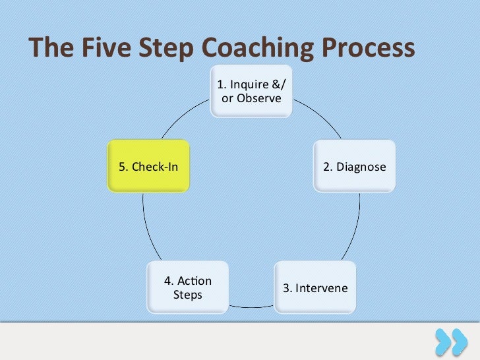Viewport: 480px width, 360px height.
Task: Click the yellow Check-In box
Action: tap(148, 166)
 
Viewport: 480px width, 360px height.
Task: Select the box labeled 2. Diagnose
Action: tap(354, 166)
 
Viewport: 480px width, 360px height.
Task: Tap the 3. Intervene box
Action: tap(315, 288)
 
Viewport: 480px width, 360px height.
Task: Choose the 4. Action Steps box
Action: tap(188, 287)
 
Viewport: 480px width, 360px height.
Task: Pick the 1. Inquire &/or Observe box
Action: tap(251, 92)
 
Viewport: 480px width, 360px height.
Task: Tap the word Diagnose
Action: tap(361, 167)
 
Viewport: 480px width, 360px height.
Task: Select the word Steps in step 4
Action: tap(188, 295)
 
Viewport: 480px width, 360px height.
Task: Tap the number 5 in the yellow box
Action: tap(122, 167)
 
